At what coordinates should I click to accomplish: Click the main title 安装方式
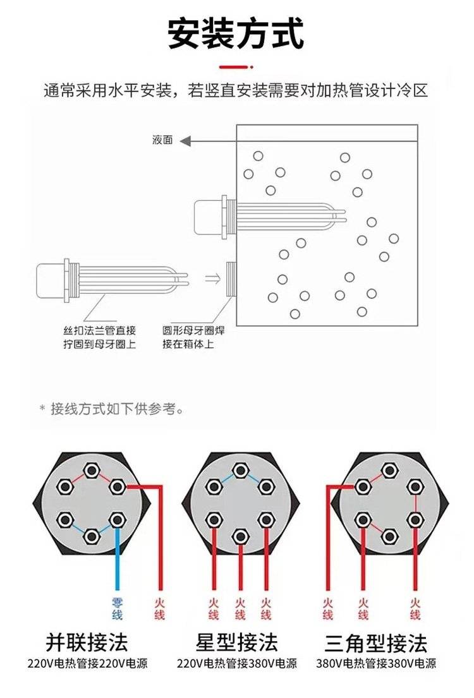[x=236, y=33]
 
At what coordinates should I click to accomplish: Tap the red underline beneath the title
[x=236, y=66]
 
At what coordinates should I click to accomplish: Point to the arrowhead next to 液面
[x=185, y=141]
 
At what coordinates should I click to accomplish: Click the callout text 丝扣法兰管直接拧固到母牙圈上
[x=95, y=337]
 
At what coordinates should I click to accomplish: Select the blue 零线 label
[x=118, y=608]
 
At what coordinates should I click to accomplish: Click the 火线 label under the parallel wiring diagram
[x=159, y=608]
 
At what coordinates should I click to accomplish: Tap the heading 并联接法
[x=87, y=642]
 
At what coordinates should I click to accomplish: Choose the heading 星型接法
[x=236, y=642]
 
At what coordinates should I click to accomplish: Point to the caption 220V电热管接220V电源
[x=87, y=664]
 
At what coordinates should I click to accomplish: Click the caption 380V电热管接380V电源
[x=375, y=664]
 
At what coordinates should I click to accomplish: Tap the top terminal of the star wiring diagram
[x=240, y=470]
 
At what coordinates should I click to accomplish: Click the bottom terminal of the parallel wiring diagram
[x=91, y=536]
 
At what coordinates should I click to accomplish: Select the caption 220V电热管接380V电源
[x=236, y=664]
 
